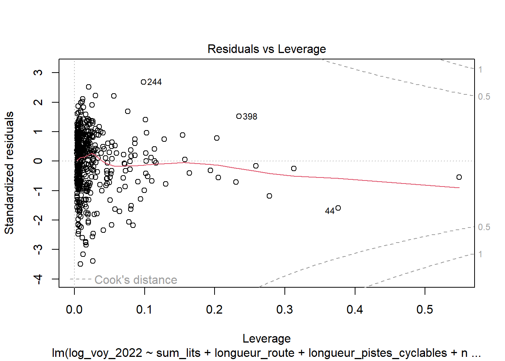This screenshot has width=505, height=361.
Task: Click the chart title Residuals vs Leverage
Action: point(266,49)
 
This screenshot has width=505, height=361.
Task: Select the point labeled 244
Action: point(144,82)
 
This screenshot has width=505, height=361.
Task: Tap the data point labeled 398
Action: point(239,116)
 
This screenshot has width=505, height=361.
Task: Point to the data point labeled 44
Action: point(338,208)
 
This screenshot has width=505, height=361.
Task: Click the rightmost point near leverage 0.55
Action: point(459,177)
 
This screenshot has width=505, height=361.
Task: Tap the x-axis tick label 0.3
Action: point(284,309)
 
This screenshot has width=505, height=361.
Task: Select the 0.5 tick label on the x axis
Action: point(425,309)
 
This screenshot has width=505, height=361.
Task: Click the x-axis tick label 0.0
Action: point(74,309)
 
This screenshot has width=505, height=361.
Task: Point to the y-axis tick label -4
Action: point(38,279)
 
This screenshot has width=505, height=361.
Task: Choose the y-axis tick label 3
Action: point(38,72)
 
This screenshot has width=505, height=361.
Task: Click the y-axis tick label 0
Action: point(38,161)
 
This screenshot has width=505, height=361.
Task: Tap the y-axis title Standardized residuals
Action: point(9,173)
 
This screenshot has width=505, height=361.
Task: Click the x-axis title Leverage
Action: point(266,338)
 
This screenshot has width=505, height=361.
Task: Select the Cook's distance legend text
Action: point(136,280)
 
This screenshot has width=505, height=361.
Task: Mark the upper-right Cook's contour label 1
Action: point(480,70)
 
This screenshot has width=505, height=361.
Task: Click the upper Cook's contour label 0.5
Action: point(484,97)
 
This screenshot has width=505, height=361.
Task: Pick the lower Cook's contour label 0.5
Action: point(484,227)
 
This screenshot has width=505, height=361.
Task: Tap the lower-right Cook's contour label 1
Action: point(480,254)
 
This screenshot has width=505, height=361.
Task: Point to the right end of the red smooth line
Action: point(459,188)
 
